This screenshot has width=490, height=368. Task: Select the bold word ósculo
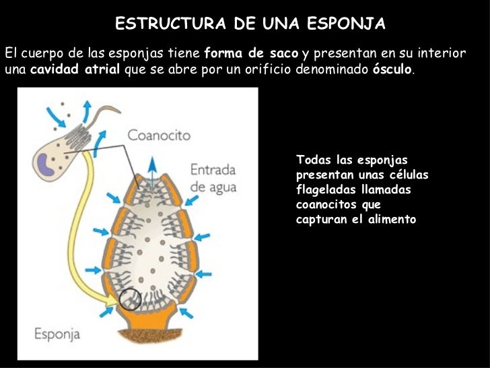click(x=392, y=70)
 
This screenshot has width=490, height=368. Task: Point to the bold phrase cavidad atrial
click(x=76, y=70)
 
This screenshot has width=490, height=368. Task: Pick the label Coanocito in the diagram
click(x=159, y=135)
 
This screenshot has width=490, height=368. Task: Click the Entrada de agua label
click(x=213, y=178)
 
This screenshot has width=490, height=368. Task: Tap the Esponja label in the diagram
click(x=57, y=333)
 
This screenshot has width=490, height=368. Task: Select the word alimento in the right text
click(x=393, y=220)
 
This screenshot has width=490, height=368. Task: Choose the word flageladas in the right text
click(x=325, y=190)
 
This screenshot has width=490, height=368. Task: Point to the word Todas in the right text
click(x=311, y=160)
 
